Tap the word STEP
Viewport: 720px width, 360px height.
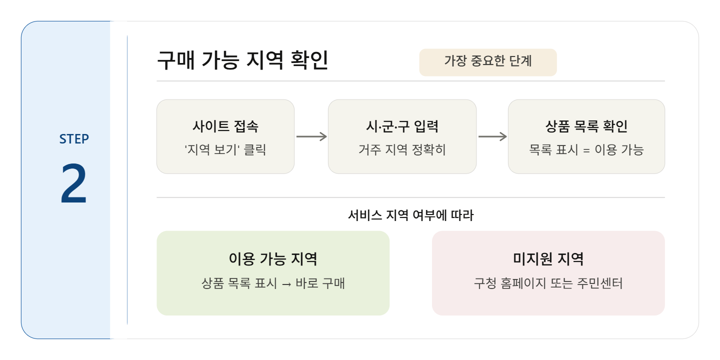click(74, 139)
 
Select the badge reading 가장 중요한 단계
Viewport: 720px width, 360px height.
click(487, 61)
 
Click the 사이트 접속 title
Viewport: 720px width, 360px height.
click(225, 126)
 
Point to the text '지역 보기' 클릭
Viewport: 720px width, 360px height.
click(225, 149)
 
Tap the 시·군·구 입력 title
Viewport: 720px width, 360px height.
click(401, 126)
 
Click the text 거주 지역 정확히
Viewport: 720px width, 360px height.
click(401, 149)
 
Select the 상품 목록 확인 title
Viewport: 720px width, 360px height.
click(586, 126)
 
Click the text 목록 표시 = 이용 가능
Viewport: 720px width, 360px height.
click(586, 149)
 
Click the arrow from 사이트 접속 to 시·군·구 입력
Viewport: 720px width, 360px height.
click(311, 136)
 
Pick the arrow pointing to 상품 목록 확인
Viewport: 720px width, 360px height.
click(492, 136)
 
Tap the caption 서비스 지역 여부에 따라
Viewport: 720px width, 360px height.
click(410, 215)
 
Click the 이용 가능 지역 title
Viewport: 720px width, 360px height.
click(272, 259)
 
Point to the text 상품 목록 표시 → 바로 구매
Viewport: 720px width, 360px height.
click(272, 284)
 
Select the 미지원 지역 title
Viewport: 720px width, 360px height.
click(548, 259)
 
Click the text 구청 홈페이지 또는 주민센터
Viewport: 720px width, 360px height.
click(548, 284)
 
